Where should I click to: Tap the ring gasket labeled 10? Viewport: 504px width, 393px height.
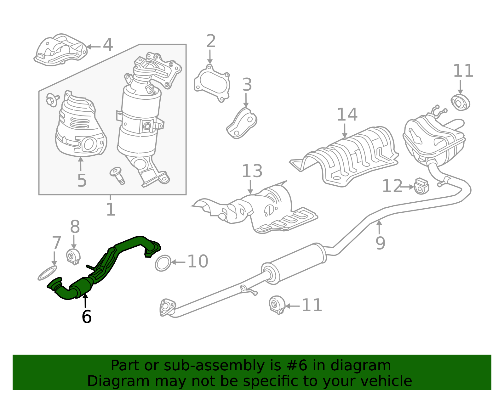[163, 263]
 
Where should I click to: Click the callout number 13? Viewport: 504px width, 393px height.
[252, 171]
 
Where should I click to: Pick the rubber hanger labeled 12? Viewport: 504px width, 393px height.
[421, 186]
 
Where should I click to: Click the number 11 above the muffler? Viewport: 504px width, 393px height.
[463, 71]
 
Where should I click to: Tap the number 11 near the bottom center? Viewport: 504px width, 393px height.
[312, 305]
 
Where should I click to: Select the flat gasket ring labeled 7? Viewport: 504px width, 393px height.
[48, 273]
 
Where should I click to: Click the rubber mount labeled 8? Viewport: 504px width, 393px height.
[73, 256]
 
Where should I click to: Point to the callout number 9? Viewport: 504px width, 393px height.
[380, 243]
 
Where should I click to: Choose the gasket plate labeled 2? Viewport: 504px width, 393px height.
[212, 83]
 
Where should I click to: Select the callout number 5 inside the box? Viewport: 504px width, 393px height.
[82, 180]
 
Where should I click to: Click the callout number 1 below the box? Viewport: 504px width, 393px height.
[111, 210]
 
